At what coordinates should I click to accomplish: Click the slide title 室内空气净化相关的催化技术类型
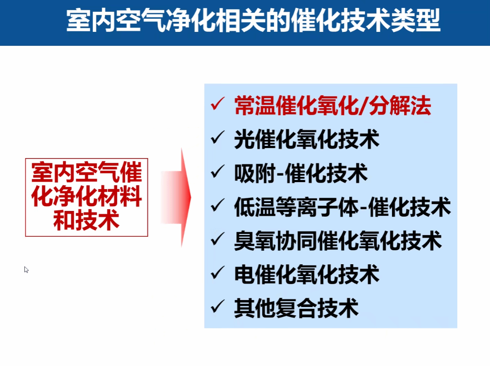point(253,21)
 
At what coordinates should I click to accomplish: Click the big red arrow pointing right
point(176,197)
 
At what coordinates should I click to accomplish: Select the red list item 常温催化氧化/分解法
point(333,106)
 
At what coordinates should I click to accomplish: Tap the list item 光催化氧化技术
point(306,139)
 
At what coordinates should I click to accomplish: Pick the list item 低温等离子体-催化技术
point(343,207)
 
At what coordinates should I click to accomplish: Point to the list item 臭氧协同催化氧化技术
point(338,241)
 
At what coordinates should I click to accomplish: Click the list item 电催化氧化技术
point(306,275)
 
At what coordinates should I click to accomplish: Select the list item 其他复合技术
point(296,308)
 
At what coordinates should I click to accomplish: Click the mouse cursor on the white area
point(26,269)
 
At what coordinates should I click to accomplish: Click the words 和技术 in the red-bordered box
point(86,221)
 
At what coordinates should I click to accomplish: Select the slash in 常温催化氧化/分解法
point(363,106)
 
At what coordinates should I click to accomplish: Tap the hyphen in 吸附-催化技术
point(280,174)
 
